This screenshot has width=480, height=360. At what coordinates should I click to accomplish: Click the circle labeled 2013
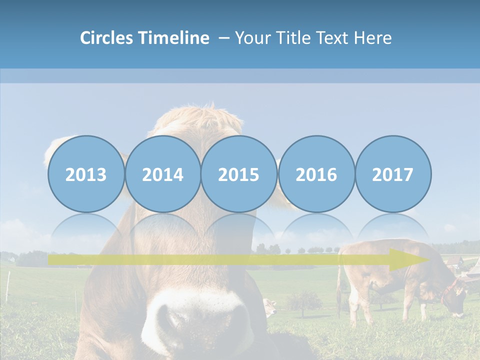(86, 174)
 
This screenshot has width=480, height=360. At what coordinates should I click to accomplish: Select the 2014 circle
(162, 174)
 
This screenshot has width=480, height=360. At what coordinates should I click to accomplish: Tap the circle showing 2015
(239, 174)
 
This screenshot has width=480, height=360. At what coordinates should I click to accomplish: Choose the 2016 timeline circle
(316, 174)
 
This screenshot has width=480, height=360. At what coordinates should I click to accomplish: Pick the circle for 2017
(392, 174)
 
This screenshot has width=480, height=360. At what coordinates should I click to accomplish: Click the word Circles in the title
(107, 38)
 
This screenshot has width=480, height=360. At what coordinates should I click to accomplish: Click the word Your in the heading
(253, 38)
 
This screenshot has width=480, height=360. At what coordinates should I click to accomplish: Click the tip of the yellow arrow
(427, 259)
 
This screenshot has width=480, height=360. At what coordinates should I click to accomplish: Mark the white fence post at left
(8, 287)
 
